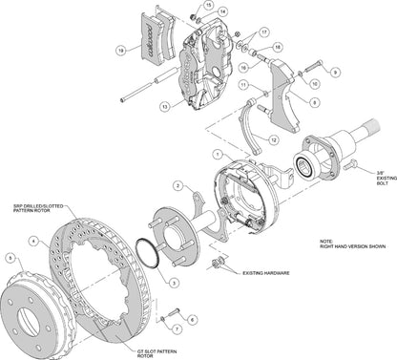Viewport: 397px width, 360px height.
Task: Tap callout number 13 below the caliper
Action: pos(165,107)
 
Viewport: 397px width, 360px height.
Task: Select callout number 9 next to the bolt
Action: pos(335,73)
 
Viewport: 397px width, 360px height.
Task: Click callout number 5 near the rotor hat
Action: pos(10,257)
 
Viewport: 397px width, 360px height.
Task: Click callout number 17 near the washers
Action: pos(264,32)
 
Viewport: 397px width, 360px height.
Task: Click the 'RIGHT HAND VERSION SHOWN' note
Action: pos(359,245)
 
